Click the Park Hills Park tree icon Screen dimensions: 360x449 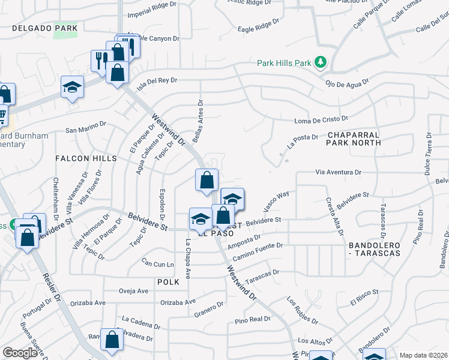coord(321,62)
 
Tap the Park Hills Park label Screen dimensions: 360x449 coord(285,62)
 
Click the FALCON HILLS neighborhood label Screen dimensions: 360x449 coord(86,158)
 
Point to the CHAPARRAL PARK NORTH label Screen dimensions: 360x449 coord(354,139)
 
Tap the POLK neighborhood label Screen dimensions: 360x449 coord(168,281)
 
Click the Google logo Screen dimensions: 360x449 coord(20,353)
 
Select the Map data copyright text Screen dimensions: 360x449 coord(423,355)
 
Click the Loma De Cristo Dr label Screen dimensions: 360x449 coord(322,120)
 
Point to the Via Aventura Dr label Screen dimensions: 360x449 coord(339,172)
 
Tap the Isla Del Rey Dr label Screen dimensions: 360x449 coord(157,83)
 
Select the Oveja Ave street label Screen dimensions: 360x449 coord(133,291)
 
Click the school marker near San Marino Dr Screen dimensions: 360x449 coord(72,88)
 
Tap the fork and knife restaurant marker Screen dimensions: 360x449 coord(99,59)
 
